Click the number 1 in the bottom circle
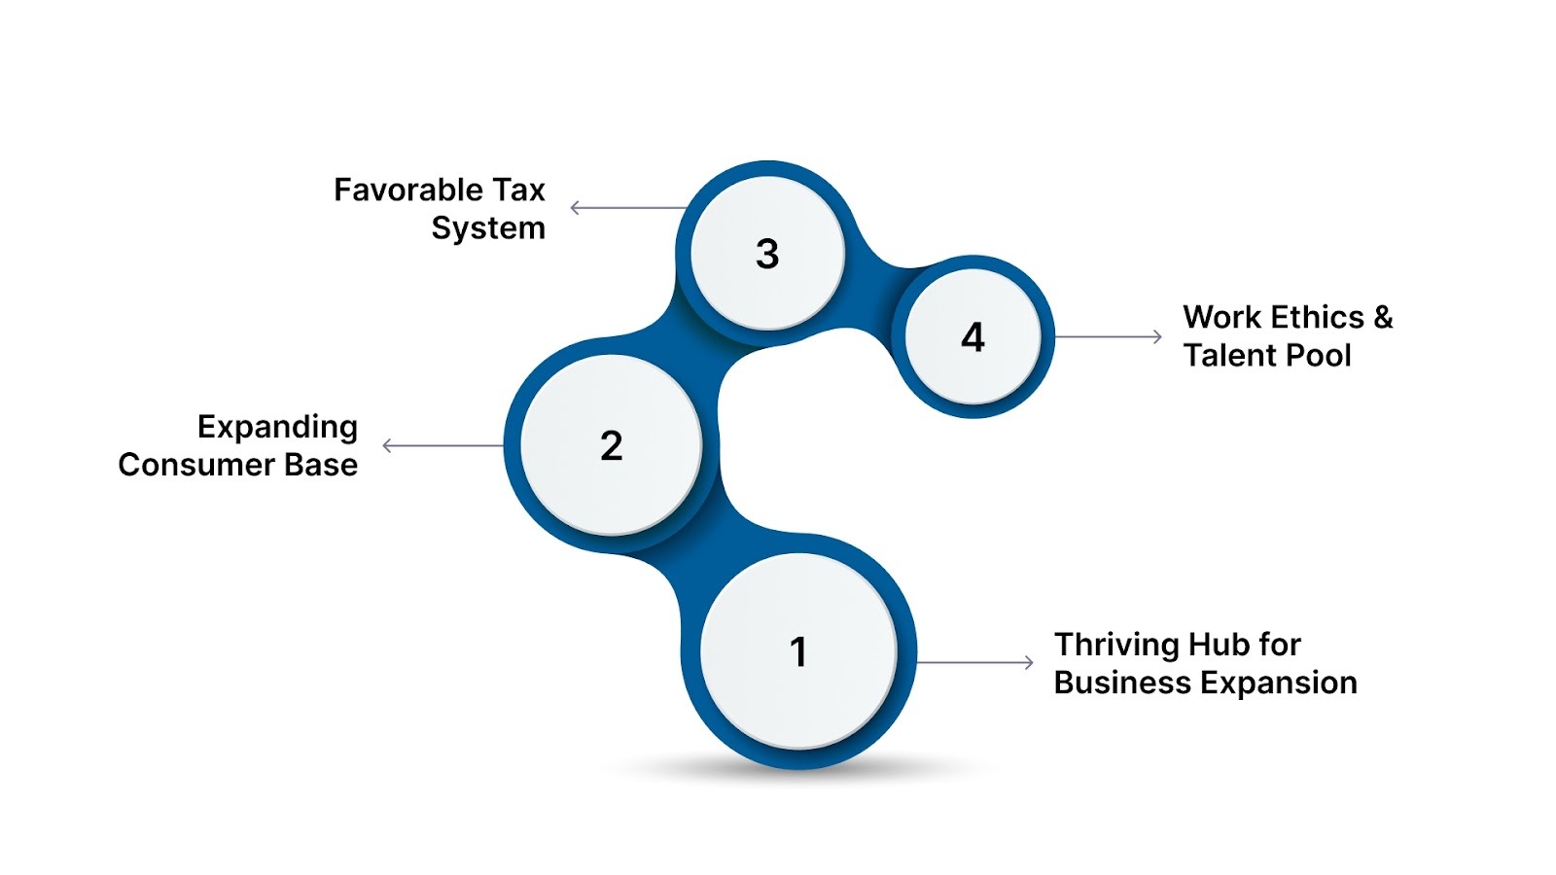point(798,651)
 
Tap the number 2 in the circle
point(611,445)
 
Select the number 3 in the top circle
point(767,254)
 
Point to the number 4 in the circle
point(972,337)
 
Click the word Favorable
point(400,190)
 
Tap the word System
point(488,228)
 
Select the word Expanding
point(277,427)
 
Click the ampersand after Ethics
point(1383,317)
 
